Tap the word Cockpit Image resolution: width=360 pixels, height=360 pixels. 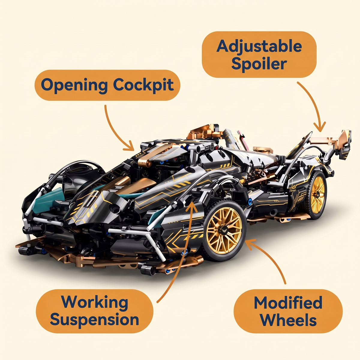click(143, 85)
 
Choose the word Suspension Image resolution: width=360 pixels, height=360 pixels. click(94, 319)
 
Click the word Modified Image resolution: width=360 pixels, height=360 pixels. click(288, 303)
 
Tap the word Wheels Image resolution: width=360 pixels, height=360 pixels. click(288, 320)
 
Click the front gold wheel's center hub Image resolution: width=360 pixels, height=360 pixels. click(223, 230)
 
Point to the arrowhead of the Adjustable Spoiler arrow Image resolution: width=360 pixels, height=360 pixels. click(319, 127)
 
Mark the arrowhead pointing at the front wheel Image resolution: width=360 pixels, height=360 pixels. click(250, 243)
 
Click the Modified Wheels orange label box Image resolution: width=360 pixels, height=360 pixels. click(288, 311)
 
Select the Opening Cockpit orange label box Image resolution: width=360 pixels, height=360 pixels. click(107, 85)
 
